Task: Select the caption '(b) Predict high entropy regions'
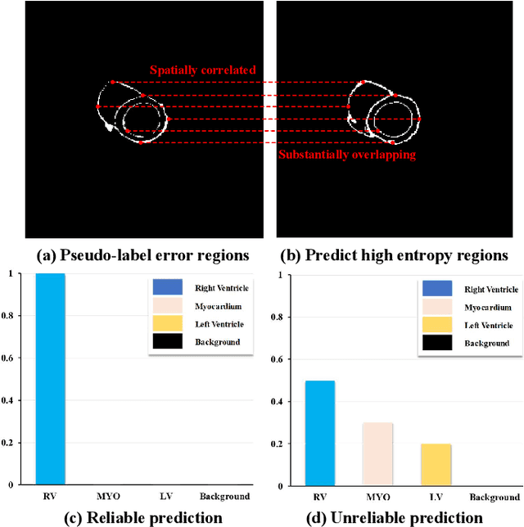(x=395, y=255)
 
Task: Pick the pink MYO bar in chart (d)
(x=378, y=454)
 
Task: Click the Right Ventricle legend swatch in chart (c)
(x=167, y=287)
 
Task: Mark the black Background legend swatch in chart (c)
(x=167, y=341)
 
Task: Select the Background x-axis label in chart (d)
(x=494, y=497)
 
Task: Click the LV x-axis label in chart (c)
(x=164, y=496)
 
